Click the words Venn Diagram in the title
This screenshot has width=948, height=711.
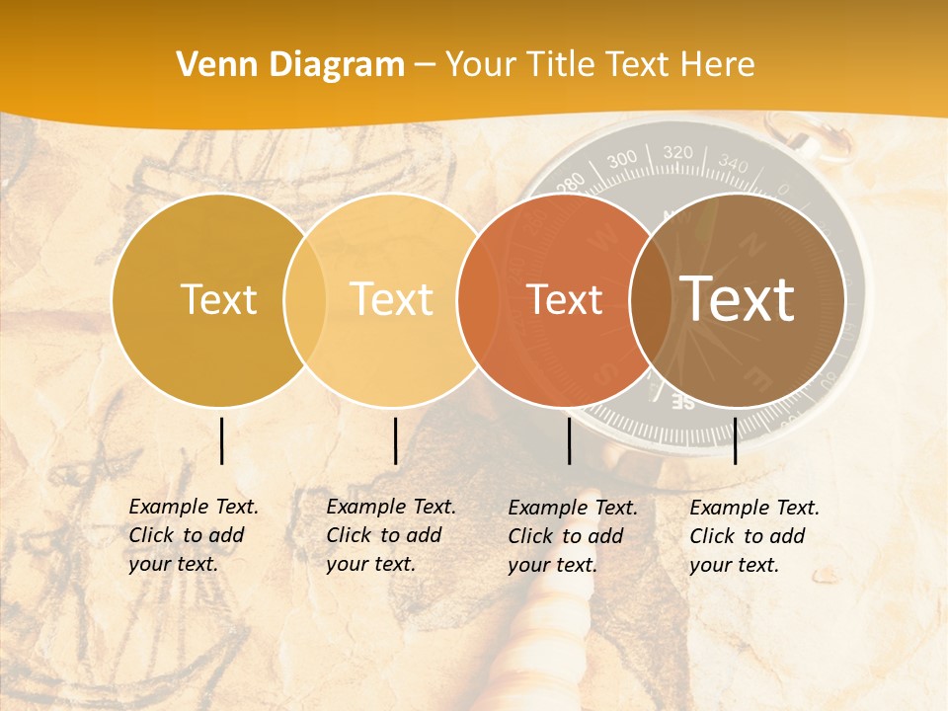pyautogui.click(x=290, y=65)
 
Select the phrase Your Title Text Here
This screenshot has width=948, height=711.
pyautogui.click(x=600, y=65)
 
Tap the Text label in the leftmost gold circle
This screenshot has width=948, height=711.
pyautogui.click(x=218, y=299)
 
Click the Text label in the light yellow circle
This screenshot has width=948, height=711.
pyautogui.click(x=391, y=299)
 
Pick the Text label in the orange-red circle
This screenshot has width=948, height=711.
pyautogui.click(x=564, y=299)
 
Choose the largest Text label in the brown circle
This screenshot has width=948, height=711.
pyautogui.click(x=738, y=299)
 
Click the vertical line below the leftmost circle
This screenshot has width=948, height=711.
pyautogui.click(x=222, y=440)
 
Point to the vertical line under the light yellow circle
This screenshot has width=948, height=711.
pyautogui.click(x=395, y=440)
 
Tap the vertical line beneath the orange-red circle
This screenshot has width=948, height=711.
pyautogui.click(x=569, y=440)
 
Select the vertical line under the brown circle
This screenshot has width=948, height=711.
pyautogui.click(x=736, y=440)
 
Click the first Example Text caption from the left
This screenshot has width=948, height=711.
pyautogui.click(x=193, y=535)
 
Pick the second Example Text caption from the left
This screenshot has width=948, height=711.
pyautogui.click(x=390, y=535)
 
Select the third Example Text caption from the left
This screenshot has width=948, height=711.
pyautogui.click(x=572, y=536)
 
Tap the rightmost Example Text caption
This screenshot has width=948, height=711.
pyautogui.click(x=753, y=536)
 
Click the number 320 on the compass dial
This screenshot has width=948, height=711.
pyautogui.click(x=678, y=153)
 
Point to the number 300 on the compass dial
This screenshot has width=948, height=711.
pyautogui.click(x=622, y=160)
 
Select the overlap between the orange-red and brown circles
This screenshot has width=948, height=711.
pyautogui.click(x=651, y=299)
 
